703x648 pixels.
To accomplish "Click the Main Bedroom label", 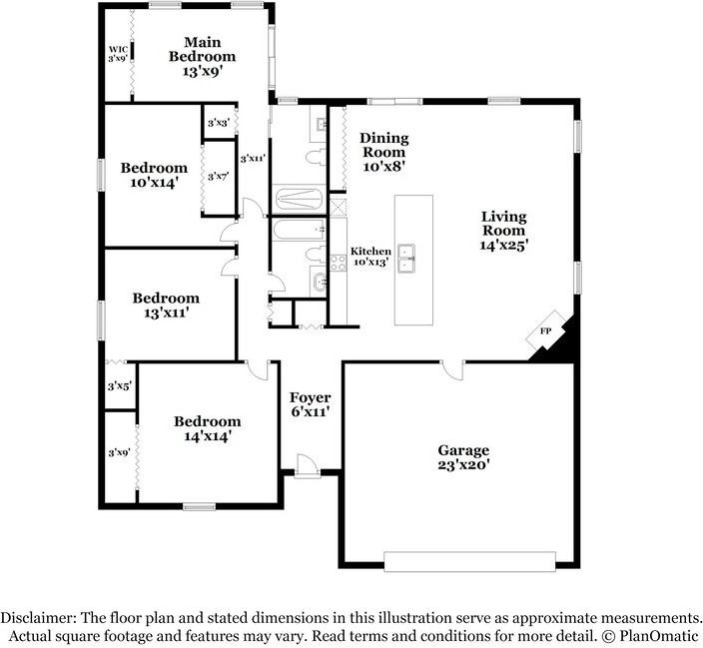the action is coord(202,57).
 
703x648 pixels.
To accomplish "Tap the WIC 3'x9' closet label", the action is coord(118,54).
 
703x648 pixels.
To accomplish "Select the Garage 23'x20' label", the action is coord(463,457).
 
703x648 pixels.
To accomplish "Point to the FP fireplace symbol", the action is coord(545,330).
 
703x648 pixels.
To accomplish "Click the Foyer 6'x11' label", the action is coord(311,404).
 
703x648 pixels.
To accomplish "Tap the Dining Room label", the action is coord(384,152).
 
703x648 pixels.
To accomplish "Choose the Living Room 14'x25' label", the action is coord(503,231).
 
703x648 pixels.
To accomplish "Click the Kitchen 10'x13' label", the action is coord(370,257).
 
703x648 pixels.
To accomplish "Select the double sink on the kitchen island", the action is coord(406,259).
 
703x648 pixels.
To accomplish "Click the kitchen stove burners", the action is coord(339,263).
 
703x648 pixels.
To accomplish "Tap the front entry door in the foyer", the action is coord(308,466).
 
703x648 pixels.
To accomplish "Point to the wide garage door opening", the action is coord(470,561).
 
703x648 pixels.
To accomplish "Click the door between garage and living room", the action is coord(452,370).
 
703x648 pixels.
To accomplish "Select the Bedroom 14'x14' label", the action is coord(207,428).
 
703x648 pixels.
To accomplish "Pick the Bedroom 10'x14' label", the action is coord(154,175).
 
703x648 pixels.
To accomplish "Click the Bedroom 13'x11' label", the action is coord(166,305).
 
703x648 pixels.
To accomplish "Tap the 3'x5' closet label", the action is coord(119,386).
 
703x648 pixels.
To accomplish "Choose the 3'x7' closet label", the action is coord(219,177).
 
